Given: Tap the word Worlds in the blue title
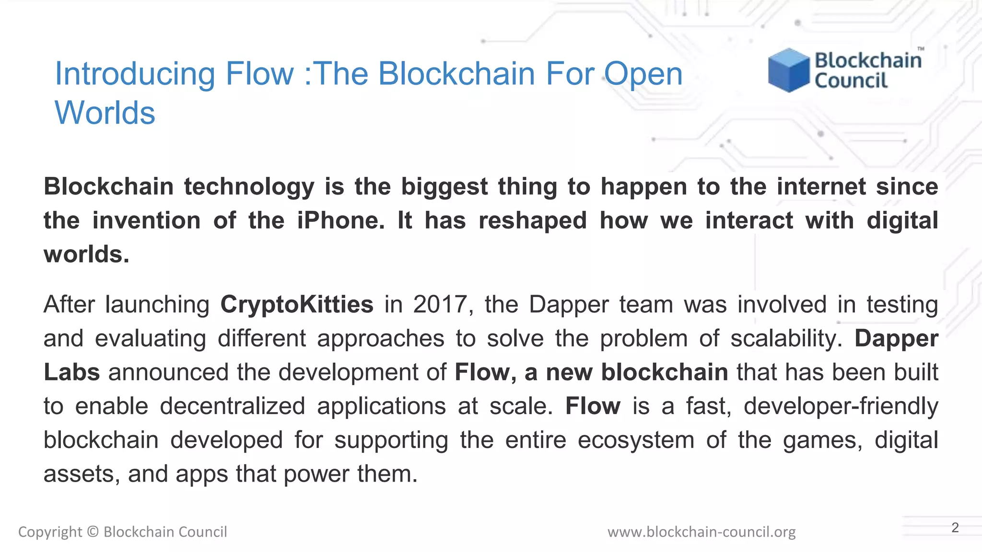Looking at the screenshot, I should click(105, 113).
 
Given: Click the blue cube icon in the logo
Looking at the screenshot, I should click(788, 70).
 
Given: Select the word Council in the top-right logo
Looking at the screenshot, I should click(851, 80).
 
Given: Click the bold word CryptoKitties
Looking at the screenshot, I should click(297, 305).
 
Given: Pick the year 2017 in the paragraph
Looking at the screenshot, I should click(440, 305).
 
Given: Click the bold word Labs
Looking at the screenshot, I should click(72, 373).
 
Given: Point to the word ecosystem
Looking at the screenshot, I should click(636, 440).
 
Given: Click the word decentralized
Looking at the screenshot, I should click(233, 407).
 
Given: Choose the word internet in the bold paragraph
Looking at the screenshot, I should click(821, 187).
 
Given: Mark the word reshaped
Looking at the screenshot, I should click(533, 221).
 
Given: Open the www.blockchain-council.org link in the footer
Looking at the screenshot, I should click(701, 532).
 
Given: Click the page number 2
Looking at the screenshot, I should click(955, 528).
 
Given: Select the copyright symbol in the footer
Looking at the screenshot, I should click(93, 532).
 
